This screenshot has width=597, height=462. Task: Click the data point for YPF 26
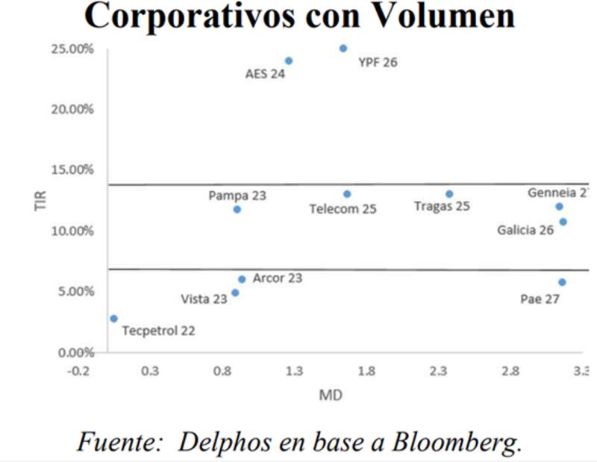(343, 49)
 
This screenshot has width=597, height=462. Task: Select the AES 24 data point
(289, 61)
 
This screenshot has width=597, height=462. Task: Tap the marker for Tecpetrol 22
(113, 319)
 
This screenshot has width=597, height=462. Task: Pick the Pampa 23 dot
(237, 209)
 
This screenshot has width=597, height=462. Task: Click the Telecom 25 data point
(347, 194)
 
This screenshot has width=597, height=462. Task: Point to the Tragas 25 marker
(449, 194)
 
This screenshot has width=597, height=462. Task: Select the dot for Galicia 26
(563, 222)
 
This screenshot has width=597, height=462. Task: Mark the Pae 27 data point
(562, 282)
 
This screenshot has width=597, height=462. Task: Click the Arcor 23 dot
(242, 279)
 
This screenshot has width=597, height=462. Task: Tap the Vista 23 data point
(235, 293)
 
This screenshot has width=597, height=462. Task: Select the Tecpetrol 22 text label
(158, 330)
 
